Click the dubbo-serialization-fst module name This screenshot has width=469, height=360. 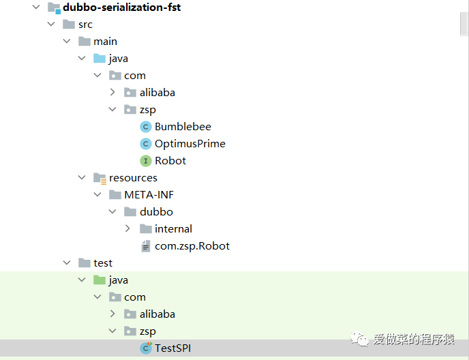122,7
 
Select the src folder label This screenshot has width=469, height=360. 85,25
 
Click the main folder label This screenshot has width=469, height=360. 106,42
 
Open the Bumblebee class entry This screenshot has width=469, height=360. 183,127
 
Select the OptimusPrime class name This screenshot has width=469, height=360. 190,144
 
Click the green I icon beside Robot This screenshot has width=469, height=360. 145,161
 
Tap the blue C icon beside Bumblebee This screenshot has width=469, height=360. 145,127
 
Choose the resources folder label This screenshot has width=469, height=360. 133,178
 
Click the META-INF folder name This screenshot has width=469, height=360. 149,195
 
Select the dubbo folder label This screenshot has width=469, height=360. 156,212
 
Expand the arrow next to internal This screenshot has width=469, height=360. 128,229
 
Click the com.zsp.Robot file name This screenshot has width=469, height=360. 192,246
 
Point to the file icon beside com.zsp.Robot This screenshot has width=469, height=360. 145,246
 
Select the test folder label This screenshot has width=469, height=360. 103,263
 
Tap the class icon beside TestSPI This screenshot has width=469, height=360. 145,348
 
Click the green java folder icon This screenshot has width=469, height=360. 100,280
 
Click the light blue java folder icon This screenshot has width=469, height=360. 100,59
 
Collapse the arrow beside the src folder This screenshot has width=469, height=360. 50,25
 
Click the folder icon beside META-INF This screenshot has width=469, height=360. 115,195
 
